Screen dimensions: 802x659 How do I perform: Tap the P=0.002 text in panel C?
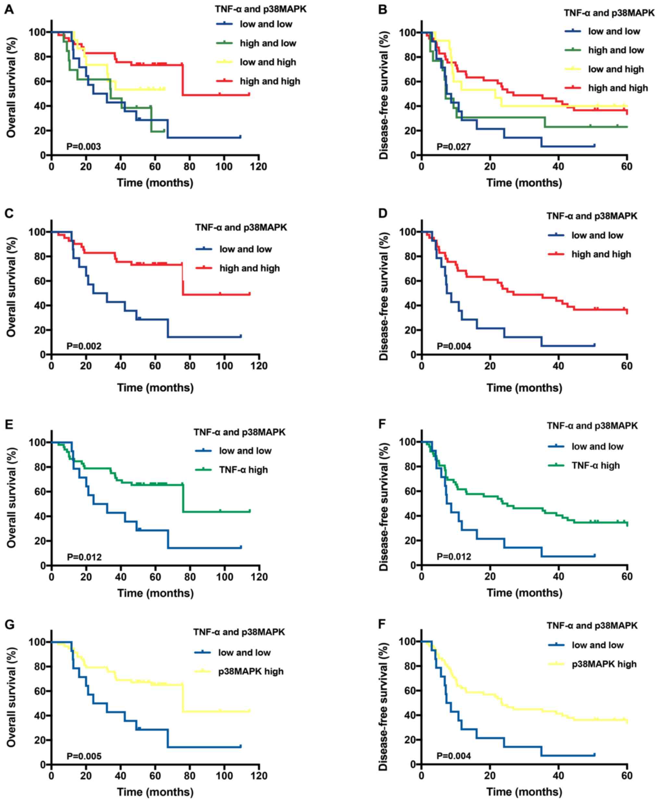coord(84,346)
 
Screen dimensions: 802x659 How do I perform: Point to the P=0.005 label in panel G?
coord(84,756)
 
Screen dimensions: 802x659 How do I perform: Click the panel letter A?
coord(9,9)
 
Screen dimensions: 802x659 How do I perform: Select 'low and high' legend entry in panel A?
coord(268,62)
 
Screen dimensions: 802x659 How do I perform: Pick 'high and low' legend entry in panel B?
coord(616,50)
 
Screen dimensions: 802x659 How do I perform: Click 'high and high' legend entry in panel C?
coord(250,268)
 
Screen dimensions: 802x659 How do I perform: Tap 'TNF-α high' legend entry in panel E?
coord(243,470)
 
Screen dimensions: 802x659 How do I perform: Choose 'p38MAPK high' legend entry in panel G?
coord(250,672)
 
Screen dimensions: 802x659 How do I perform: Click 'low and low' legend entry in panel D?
coord(597,235)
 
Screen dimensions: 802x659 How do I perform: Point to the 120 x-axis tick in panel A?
coord(259,167)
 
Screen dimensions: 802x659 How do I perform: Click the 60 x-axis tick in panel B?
coord(627,167)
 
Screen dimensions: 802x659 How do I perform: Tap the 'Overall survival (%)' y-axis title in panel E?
coord(11,498)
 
